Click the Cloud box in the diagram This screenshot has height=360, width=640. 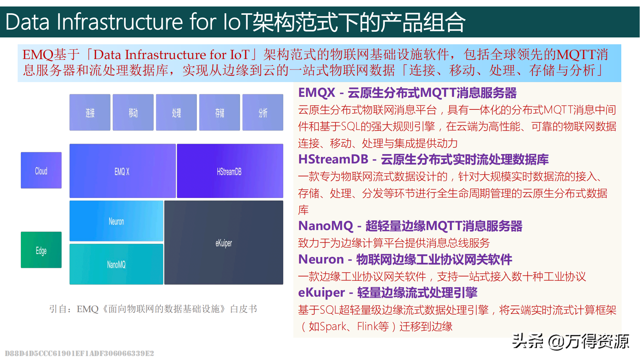click(41, 170)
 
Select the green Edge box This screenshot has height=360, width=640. click(41, 250)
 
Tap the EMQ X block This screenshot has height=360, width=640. click(122, 171)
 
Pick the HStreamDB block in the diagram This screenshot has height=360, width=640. click(230, 171)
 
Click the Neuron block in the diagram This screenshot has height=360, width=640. click(116, 221)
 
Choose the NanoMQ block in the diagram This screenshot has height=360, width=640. click(116, 264)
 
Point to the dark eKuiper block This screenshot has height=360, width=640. click(224, 243)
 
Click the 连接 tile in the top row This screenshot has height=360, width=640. click(90, 112)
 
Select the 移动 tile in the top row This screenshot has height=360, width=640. click(133, 112)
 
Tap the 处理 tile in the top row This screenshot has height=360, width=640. click(176, 112)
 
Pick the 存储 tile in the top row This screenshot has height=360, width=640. click(220, 112)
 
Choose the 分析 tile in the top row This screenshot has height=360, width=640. click(263, 112)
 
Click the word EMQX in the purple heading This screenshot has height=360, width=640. click(317, 93)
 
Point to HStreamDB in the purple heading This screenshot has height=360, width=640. click(333, 159)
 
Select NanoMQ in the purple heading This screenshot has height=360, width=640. click(326, 226)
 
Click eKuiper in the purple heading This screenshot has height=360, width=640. click(321, 293)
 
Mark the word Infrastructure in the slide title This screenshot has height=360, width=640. click(120, 22)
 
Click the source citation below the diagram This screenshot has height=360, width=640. click(153, 309)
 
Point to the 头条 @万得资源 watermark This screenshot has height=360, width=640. click(571, 341)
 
